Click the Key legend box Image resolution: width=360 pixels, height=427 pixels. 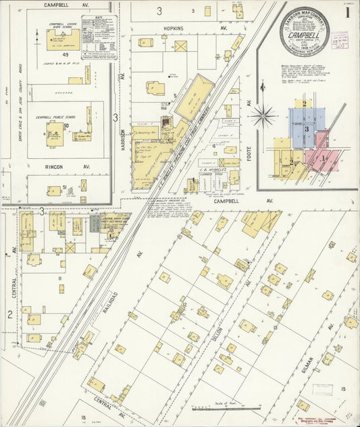coord(99,37)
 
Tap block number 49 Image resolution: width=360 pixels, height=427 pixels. coord(65,55)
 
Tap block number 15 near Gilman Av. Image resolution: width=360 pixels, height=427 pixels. coord(343,388)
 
